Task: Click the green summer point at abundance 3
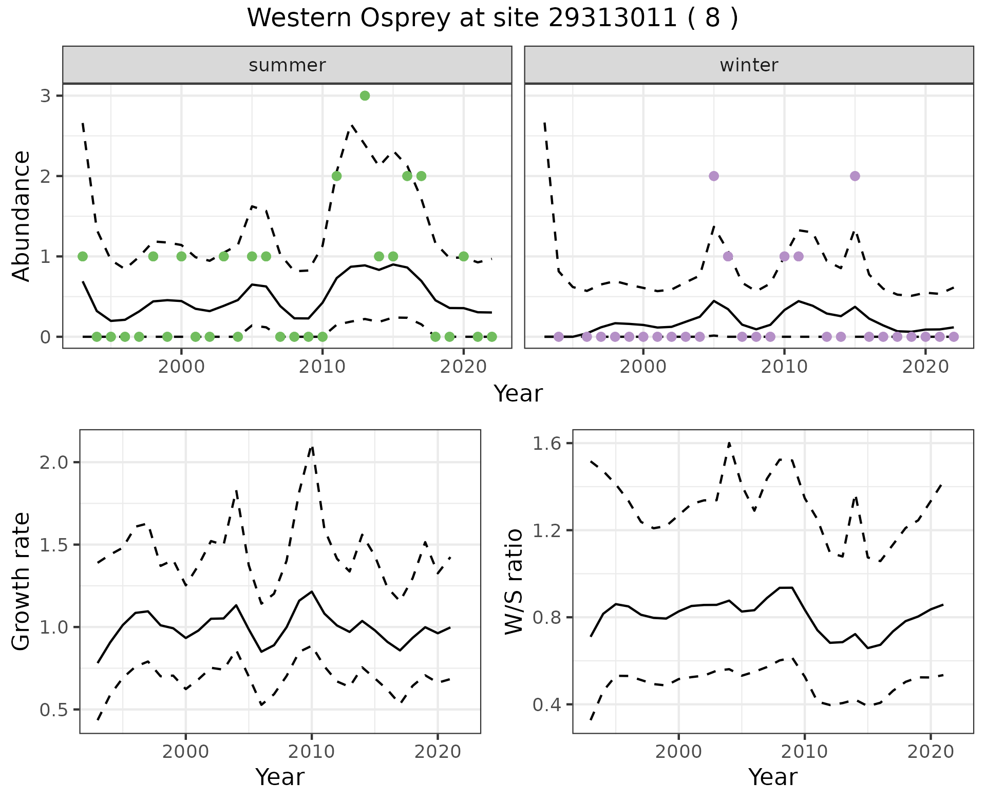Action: coord(365,96)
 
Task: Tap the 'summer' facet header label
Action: coord(287,65)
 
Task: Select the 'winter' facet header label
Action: coord(749,65)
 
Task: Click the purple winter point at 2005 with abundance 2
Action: coord(714,176)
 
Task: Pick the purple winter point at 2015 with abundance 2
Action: coord(855,176)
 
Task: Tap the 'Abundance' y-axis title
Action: coord(22,216)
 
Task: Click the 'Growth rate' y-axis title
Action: coord(22,581)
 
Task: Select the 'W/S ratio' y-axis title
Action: coord(514,581)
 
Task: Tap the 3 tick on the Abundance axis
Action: coord(45,96)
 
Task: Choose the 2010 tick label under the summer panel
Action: coord(322,367)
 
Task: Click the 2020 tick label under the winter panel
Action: coord(925,367)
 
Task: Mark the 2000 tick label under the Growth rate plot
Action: coord(185,752)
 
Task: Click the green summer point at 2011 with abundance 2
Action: coord(336,176)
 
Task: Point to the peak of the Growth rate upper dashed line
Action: coord(312,447)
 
